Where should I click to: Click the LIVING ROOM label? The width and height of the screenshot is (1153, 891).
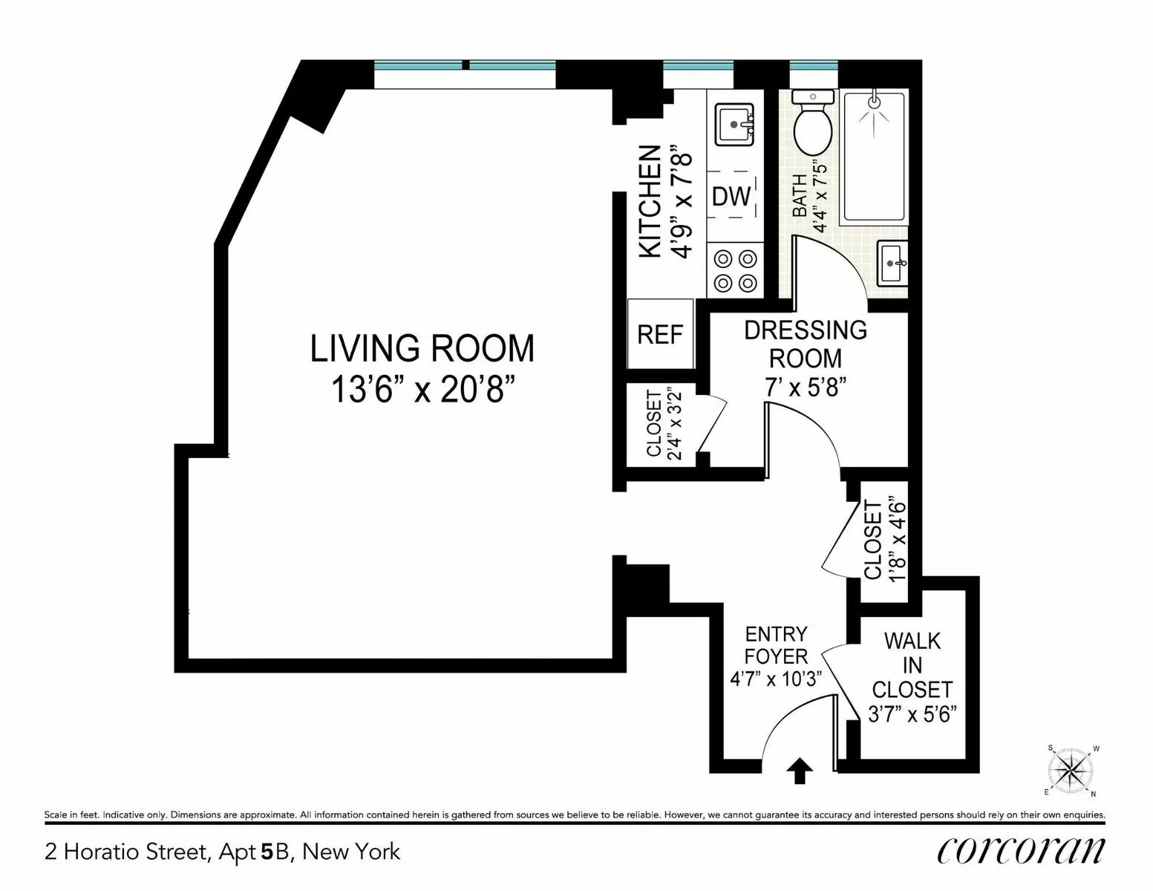[x=422, y=348]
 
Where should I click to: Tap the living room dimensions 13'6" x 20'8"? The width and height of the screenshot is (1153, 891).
[x=422, y=388]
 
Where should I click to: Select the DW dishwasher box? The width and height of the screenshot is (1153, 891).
[x=731, y=196]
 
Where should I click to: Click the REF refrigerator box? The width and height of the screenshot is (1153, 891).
[x=659, y=334]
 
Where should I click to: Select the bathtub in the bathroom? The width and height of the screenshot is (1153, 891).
[x=875, y=157]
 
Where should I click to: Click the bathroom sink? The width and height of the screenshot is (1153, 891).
[x=892, y=263]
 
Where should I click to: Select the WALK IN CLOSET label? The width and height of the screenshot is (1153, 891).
[x=912, y=665]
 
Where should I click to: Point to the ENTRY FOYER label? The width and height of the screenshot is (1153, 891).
[x=776, y=644]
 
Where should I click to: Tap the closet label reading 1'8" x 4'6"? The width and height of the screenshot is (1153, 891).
[x=884, y=539]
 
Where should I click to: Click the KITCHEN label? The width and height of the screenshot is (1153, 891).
[x=650, y=201]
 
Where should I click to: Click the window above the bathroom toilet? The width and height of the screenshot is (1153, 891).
[x=814, y=66]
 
